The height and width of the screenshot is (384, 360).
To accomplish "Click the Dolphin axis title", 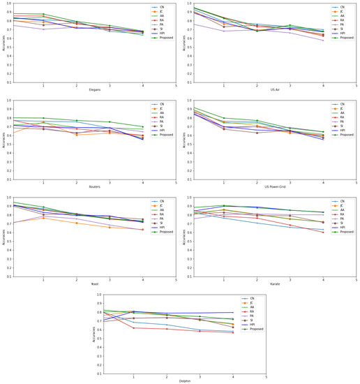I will point(184,381).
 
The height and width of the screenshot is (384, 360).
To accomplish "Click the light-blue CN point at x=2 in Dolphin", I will point(167,325).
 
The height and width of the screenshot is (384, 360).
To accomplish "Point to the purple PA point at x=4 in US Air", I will point(323,40).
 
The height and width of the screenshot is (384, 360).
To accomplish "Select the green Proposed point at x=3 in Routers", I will point(110,121).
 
